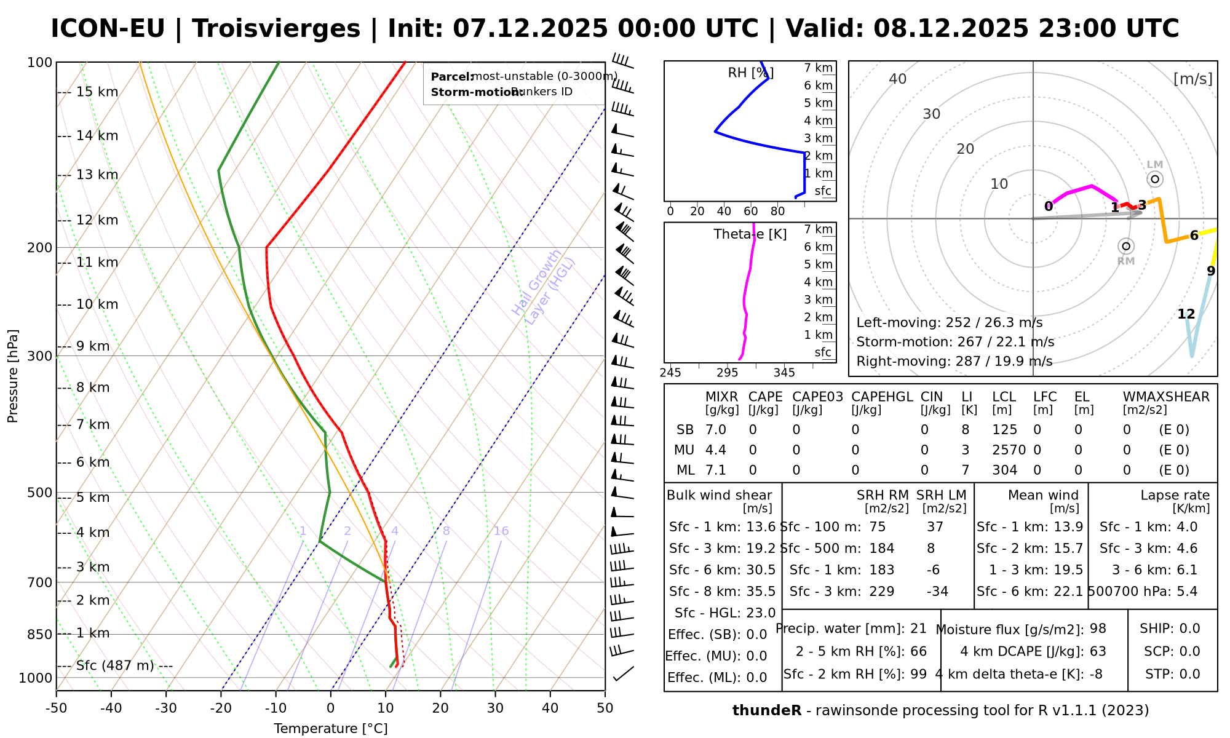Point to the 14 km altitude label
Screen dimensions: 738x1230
pyautogui.click(x=97, y=136)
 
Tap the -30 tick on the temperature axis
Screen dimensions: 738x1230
pyautogui.click(x=166, y=708)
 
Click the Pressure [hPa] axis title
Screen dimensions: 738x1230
pyautogui.click(x=13, y=376)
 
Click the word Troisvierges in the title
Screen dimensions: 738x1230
pyautogui.click(x=276, y=29)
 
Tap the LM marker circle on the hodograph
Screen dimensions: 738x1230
pyautogui.click(x=1155, y=179)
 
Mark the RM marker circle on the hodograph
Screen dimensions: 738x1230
pyautogui.click(x=1126, y=246)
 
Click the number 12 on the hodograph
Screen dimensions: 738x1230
pyautogui.click(x=1186, y=314)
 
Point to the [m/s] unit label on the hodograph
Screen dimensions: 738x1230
pyautogui.click(x=1192, y=79)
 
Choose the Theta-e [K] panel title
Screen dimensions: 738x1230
pyautogui.click(x=750, y=234)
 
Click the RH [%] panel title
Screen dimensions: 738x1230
pyautogui.click(x=750, y=73)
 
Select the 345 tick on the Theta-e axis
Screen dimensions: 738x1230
pyautogui.click(x=784, y=373)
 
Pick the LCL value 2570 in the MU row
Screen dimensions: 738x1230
pyautogui.click(x=1009, y=450)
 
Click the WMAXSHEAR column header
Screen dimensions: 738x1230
pyautogui.click(x=1166, y=397)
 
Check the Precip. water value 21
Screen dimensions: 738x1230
pyautogui.click(x=918, y=629)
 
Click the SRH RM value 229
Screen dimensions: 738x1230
pyautogui.click(x=881, y=592)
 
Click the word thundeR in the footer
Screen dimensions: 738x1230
pyautogui.click(x=766, y=711)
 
